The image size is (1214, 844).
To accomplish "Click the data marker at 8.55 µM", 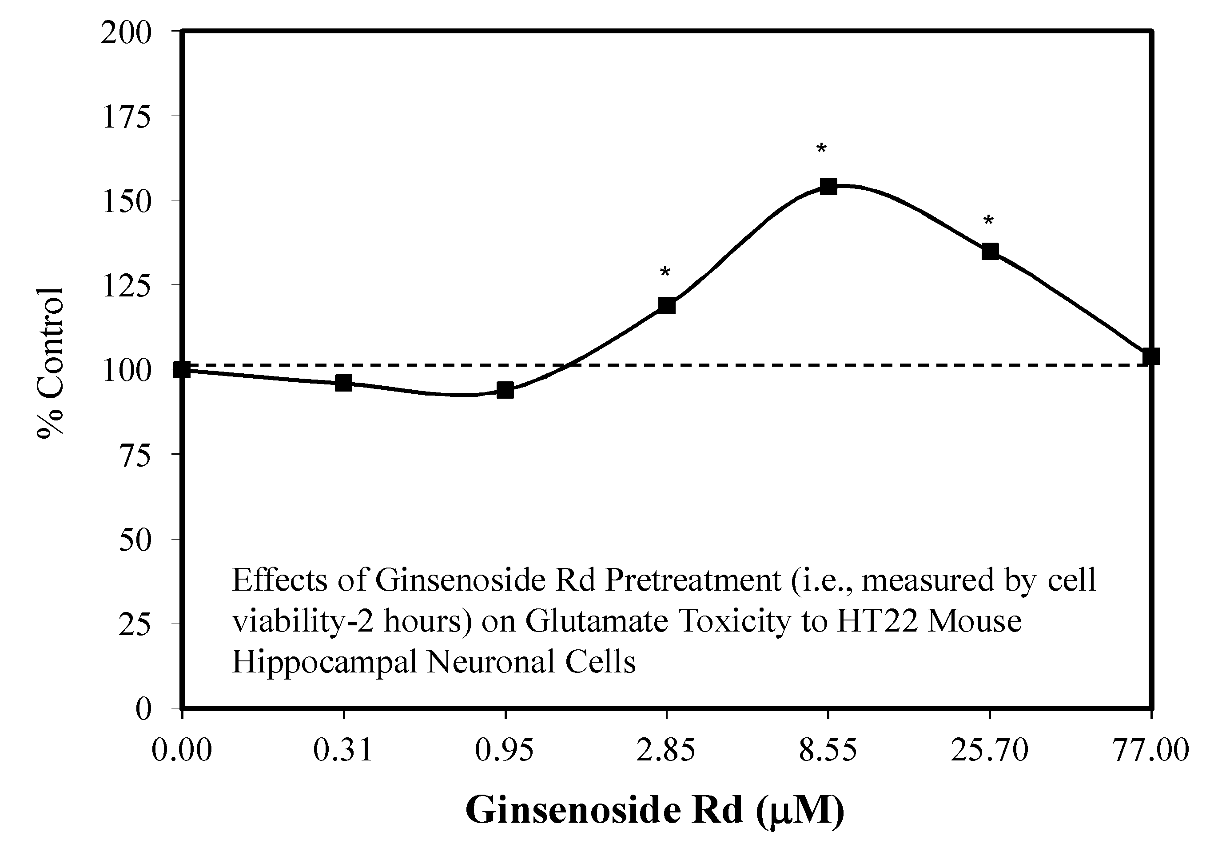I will (x=828, y=186).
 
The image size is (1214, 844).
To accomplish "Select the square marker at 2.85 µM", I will (x=666, y=306).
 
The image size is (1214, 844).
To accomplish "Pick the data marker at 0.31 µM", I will (x=343, y=383).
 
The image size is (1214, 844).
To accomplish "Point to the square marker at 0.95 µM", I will (x=505, y=391).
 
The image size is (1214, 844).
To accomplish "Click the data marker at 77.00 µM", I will (x=1150, y=356).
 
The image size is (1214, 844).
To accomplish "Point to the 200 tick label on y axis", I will (x=126, y=33).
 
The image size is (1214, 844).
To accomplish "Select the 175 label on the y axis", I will (x=126, y=117).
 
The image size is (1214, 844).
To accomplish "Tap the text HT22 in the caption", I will (x=877, y=621).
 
